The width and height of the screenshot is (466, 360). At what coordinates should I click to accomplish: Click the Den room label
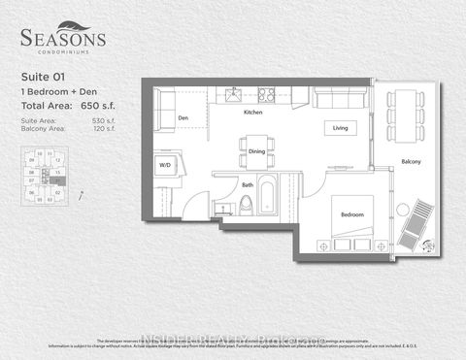pos(183,118)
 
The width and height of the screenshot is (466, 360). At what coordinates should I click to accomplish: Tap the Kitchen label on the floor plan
pos(253,113)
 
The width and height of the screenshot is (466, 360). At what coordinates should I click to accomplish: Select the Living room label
pos(340,127)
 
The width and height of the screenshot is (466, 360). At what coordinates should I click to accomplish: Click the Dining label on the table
pos(256,150)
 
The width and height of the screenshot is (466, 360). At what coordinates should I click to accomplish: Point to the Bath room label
pos(248,184)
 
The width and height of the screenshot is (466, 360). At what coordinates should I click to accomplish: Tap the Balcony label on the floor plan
pos(410,161)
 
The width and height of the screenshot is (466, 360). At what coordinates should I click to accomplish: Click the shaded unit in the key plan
pos(56,180)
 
